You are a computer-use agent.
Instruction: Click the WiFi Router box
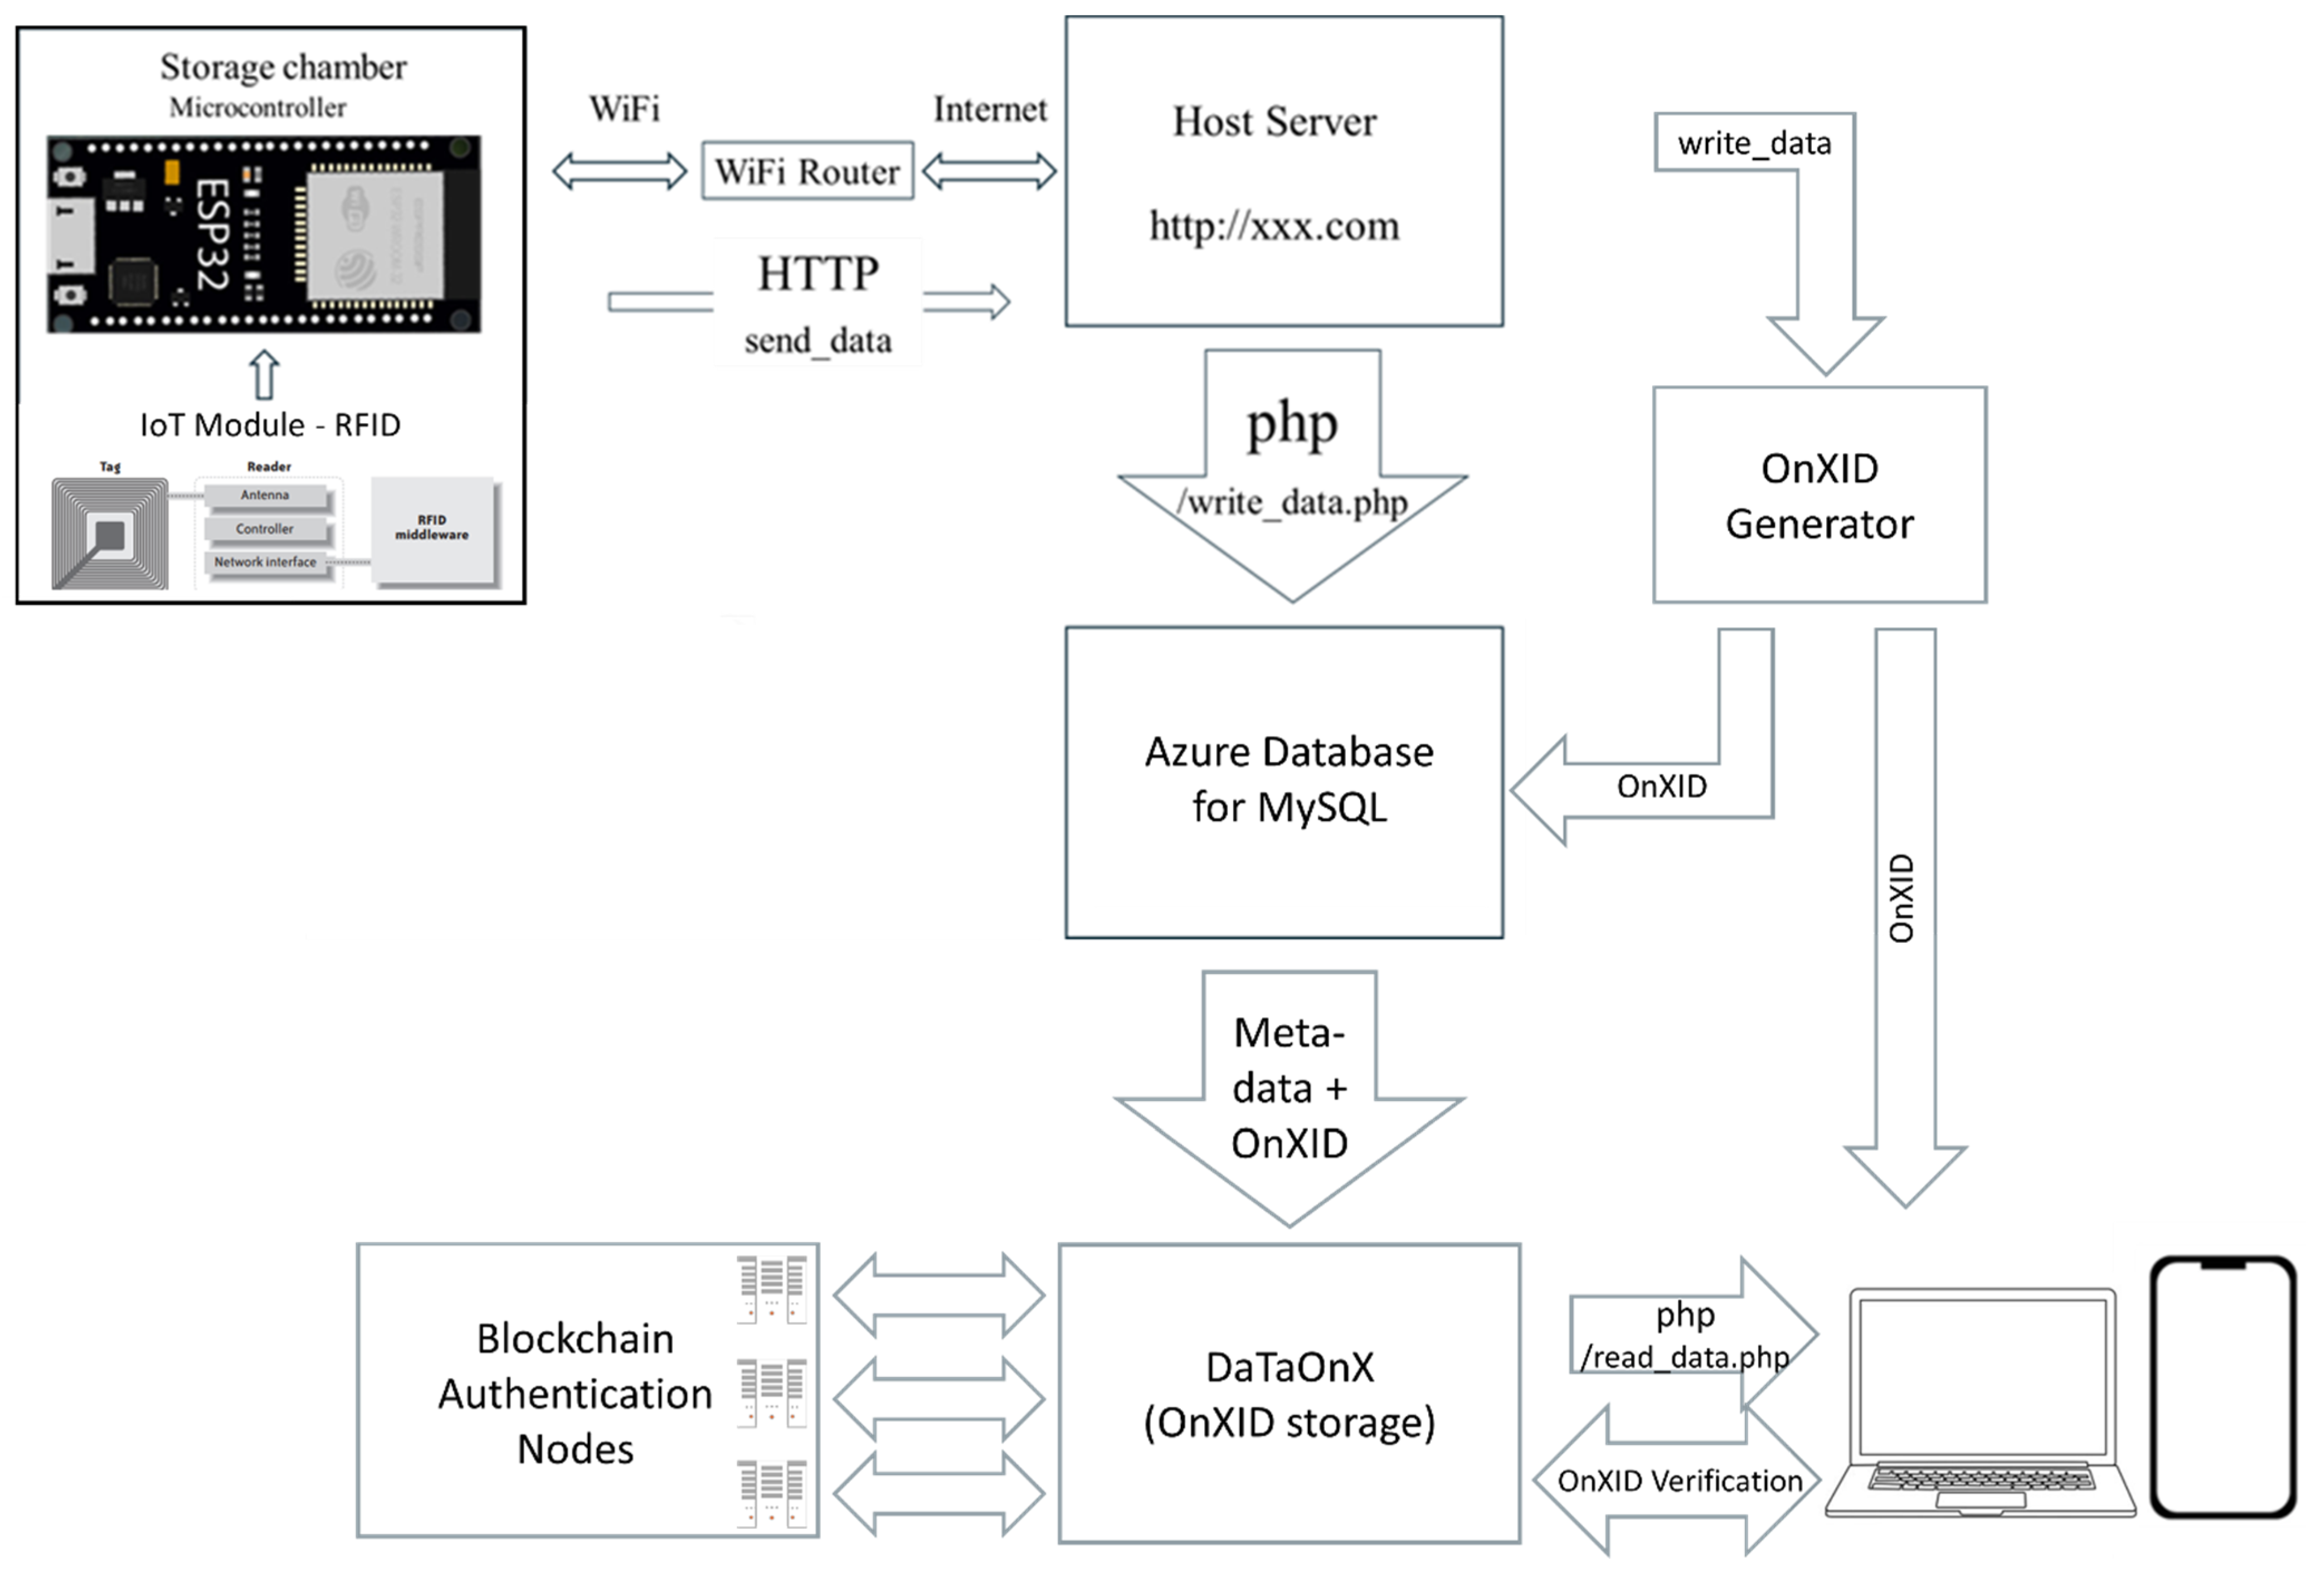click(x=807, y=171)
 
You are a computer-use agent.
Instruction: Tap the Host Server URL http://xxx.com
click(x=1274, y=226)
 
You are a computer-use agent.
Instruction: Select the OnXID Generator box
click(x=1819, y=495)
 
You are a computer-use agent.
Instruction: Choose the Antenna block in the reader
click(x=265, y=495)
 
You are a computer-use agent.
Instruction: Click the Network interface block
click(x=265, y=562)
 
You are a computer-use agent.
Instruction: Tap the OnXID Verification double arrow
click(x=1679, y=1480)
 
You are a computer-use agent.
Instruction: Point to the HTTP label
click(x=818, y=274)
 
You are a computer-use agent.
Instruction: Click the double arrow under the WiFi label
click(x=619, y=171)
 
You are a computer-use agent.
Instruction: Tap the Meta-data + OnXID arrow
click(x=1289, y=1089)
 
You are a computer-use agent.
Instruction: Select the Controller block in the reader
click(x=265, y=529)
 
